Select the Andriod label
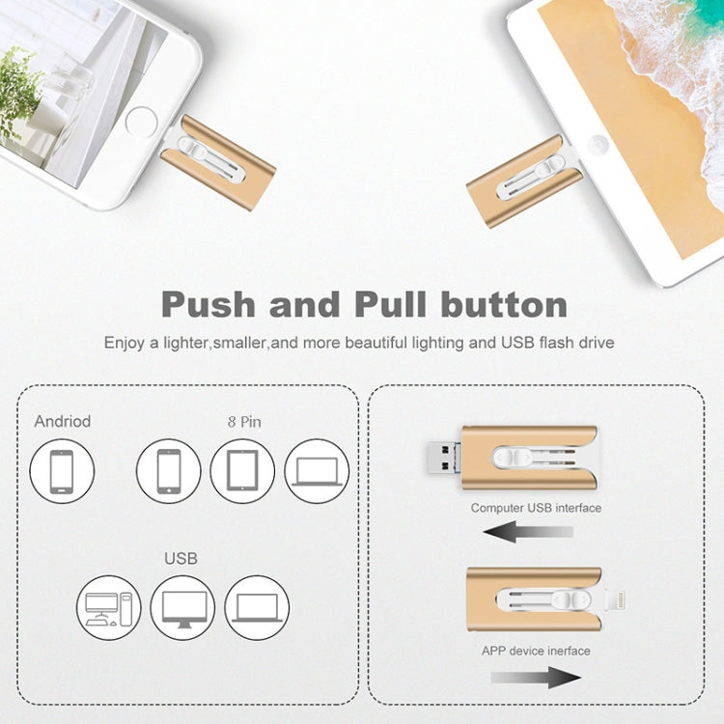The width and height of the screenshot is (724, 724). [x=63, y=421]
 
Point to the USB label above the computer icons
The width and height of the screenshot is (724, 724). [x=181, y=558]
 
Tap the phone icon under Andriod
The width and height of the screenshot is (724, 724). [x=62, y=472]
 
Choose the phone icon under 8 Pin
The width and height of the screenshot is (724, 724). [x=168, y=472]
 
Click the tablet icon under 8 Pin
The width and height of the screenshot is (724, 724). [x=242, y=472]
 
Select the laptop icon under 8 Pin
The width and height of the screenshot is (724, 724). [x=317, y=472]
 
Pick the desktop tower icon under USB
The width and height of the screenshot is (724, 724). [x=109, y=608]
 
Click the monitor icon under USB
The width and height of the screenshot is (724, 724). [x=182, y=608]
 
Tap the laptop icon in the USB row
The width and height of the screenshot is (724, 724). [x=257, y=608]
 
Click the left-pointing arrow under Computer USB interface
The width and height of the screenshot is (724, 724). [x=528, y=531]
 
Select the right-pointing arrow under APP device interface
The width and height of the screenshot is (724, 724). [x=536, y=676]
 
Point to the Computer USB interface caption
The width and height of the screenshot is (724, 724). [x=536, y=508]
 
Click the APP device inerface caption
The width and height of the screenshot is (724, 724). [x=536, y=651]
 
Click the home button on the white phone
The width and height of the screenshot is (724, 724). [x=141, y=123]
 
